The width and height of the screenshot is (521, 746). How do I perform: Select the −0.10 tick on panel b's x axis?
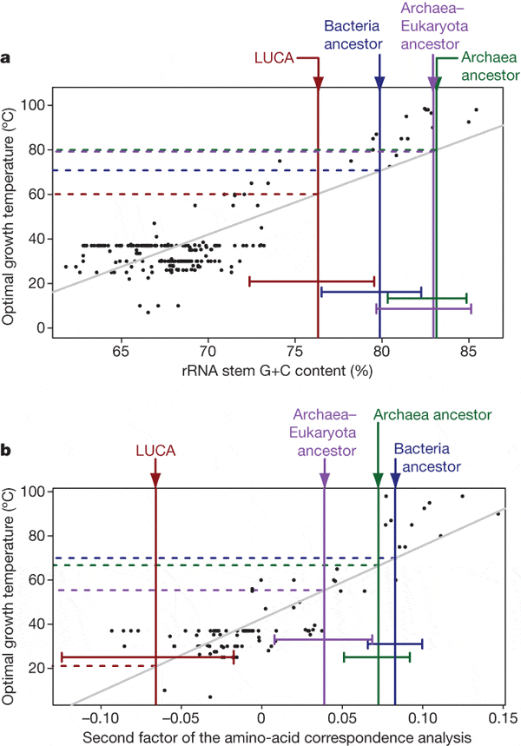coord(102,719)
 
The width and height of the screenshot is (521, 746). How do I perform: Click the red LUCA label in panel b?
coord(155,451)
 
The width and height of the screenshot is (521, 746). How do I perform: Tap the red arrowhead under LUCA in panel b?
coord(155,481)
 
